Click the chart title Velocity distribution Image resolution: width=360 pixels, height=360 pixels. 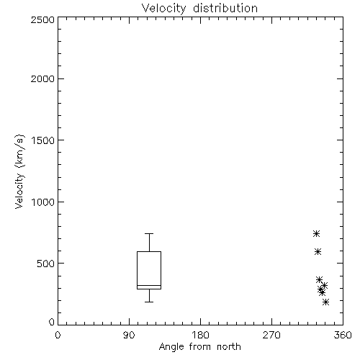(199, 9)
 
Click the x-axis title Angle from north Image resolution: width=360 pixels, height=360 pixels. (199, 347)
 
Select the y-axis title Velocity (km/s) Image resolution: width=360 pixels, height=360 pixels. (19, 171)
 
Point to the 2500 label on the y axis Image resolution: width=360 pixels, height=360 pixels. (42, 19)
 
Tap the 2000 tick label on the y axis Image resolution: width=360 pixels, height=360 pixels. (42, 78)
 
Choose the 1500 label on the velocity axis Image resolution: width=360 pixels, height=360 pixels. (43, 140)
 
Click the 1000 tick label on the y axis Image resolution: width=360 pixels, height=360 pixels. (43, 202)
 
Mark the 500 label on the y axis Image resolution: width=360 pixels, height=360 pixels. (46, 264)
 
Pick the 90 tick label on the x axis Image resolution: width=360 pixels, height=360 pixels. (129, 335)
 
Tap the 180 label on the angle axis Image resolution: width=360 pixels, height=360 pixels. (200, 335)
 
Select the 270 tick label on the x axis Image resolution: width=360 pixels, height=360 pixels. (271, 335)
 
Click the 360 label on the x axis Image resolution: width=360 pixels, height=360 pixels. (343, 335)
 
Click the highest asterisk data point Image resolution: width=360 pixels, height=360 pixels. (316, 233)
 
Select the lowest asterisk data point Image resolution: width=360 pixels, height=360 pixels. (325, 302)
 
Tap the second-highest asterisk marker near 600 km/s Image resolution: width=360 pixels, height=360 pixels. (318, 251)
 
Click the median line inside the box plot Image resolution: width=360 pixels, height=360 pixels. (149, 285)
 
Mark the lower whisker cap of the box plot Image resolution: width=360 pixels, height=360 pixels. (149, 302)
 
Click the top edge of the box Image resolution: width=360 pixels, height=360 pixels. (149, 251)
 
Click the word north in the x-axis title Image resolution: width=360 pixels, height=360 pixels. (229, 347)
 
